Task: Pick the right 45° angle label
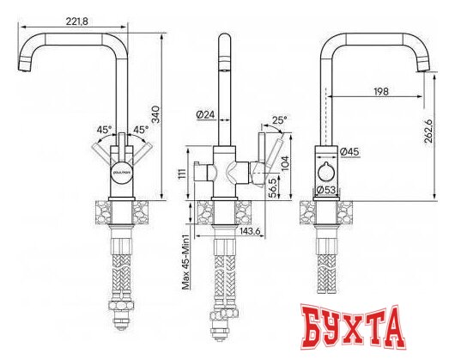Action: [x=141, y=130]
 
